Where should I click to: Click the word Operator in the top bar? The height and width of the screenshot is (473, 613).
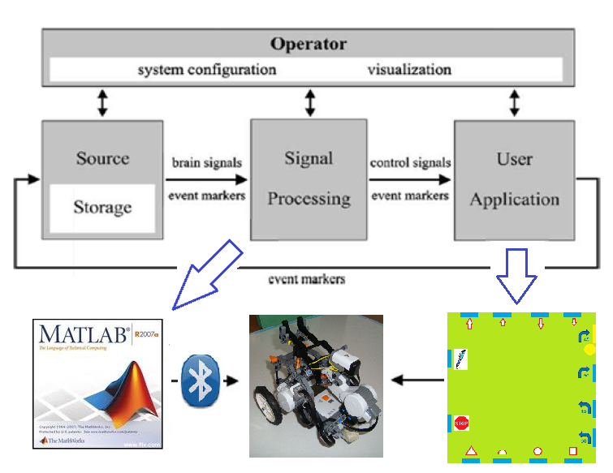point(308,44)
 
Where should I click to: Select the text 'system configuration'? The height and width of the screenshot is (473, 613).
point(207,69)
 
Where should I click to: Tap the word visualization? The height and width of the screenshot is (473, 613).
point(408,69)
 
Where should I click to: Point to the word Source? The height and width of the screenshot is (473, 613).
point(102,158)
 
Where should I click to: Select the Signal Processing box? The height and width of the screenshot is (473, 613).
point(309,178)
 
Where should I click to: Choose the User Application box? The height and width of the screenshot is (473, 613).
point(514,178)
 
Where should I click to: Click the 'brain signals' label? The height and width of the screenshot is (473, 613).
point(208,162)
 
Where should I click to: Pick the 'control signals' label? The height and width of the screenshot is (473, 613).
point(410,162)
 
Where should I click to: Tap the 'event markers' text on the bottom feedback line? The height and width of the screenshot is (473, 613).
point(306,279)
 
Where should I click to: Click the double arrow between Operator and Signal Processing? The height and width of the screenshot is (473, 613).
point(309,103)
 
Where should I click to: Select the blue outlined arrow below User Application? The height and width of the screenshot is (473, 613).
point(516,276)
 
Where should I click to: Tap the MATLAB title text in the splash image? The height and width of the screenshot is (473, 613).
point(77,335)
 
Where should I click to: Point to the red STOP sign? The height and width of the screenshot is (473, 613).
point(461,423)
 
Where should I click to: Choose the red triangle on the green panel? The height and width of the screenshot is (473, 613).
point(468,450)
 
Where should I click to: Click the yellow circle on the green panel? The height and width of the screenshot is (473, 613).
point(589,350)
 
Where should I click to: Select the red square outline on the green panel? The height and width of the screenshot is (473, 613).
point(572,451)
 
